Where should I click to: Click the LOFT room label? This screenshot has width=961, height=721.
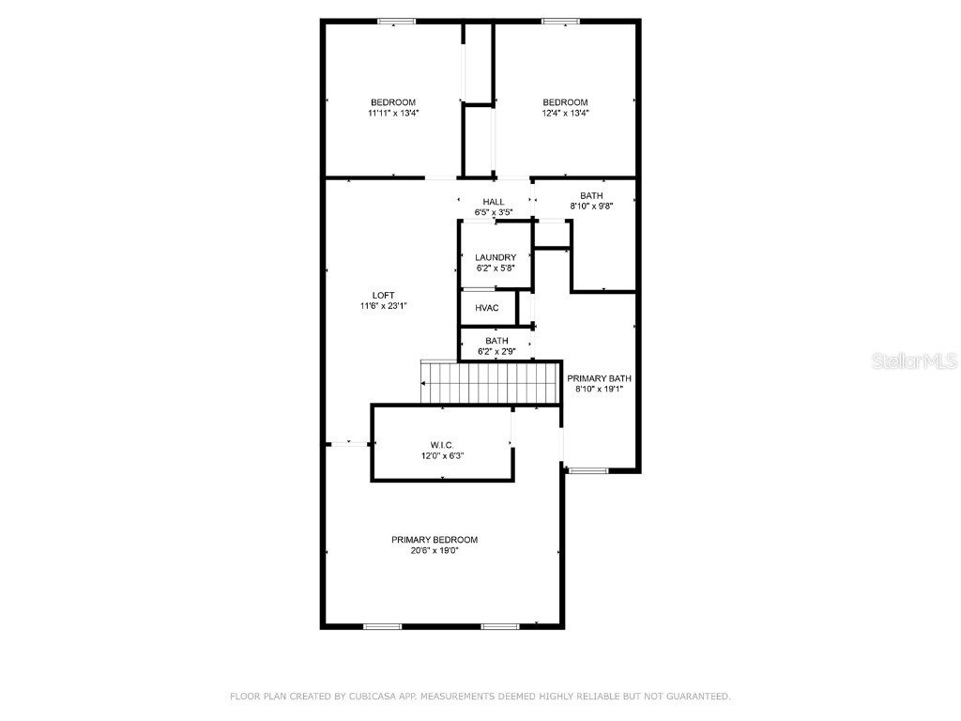[384, 296]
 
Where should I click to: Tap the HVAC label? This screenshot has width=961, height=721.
[487, 308]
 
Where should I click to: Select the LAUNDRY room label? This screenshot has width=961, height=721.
[496, 257]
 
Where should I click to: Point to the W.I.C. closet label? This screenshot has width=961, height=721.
[442, 445]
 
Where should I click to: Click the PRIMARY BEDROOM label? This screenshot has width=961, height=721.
[435, 540]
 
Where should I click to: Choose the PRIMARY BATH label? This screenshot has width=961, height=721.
[599, 378]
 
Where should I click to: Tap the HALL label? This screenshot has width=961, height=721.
[494, 202]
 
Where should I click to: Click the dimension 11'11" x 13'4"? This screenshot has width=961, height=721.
[393, 113]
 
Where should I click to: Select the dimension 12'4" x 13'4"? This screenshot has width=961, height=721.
[565, 113]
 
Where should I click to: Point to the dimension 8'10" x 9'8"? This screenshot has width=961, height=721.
[591, 206]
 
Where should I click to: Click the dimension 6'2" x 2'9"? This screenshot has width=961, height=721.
[496, 351]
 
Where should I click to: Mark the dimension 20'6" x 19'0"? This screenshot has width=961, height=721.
[435, 550]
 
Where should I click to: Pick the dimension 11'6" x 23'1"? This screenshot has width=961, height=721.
[384, 306]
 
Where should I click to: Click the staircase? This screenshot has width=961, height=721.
[490, 383]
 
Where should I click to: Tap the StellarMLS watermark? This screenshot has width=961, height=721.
[914, 360]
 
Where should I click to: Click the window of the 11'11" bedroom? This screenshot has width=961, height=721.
[397, 22]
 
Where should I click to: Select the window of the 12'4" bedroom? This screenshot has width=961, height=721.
[560, 22]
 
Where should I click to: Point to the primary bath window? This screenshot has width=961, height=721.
[587, 471]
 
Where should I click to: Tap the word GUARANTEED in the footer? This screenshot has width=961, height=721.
[697, 696]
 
